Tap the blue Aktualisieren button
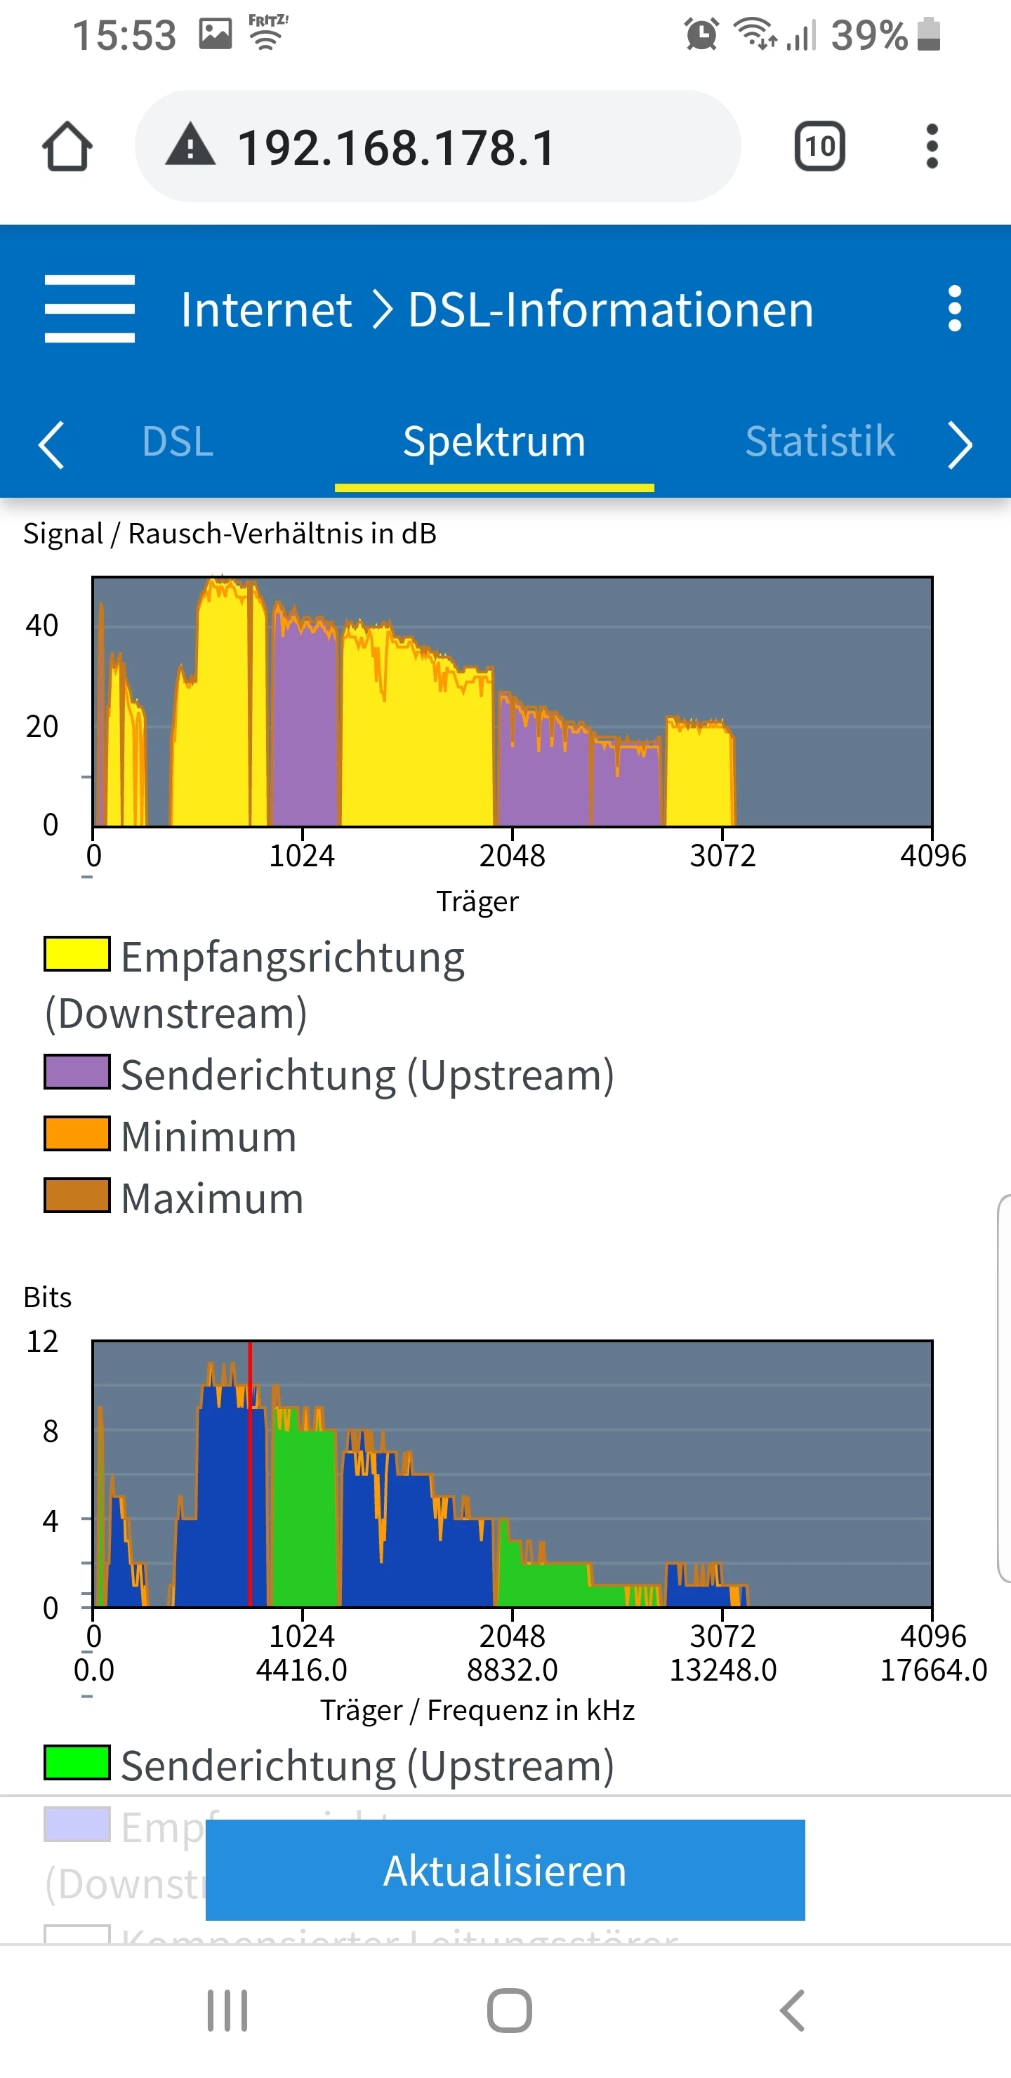point(505,1870)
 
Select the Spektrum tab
point(494,442)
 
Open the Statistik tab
point(820,442)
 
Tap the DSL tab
point(178,442)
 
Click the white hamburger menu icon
point(90,309)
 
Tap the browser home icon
point(67,147)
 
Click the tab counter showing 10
point(820,147)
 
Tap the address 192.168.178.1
point(395,147)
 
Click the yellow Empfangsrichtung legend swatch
point(77,954)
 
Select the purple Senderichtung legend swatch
point(77,1072)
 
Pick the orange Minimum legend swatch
point(77,1133)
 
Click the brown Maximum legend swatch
point(77,1196)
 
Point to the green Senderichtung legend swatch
point(77,1762)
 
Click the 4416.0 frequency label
point(302,1669)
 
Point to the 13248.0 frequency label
point(723,1669)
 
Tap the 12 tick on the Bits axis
point(43,1342)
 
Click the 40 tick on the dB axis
point(42,626)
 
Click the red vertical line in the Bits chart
point(250,1476)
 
